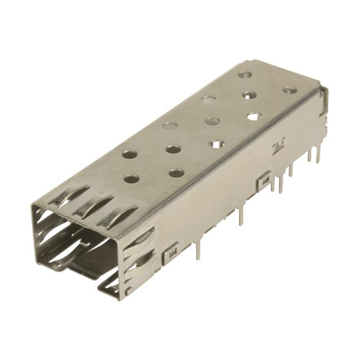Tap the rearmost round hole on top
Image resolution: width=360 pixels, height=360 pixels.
[x=245, y=74]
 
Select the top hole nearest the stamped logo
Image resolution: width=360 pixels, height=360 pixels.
[x=254, y=116]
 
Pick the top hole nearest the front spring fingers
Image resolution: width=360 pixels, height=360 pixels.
[x=132, y=179]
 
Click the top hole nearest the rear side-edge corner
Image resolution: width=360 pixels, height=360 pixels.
[x=290, y=90]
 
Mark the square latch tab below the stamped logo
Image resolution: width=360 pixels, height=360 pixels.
[x=263, y=181]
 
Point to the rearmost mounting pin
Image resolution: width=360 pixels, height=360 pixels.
[x=318, y=155]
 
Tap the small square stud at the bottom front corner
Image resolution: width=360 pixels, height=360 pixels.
[x=129, y=291]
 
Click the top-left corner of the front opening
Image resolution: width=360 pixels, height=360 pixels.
[x=34, y=206]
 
